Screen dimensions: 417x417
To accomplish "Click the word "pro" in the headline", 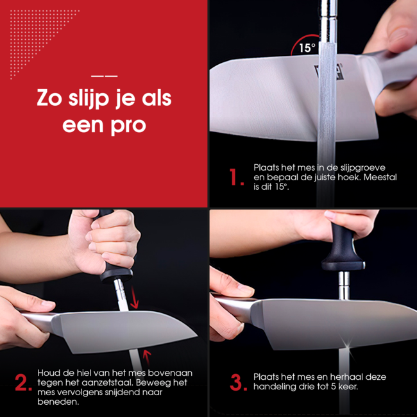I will click(128, 125).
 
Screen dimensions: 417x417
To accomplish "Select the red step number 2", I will click(24, 383).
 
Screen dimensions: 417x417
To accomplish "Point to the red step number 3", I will click(238, 383).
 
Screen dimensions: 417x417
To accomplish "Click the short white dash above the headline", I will click(105, 76).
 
